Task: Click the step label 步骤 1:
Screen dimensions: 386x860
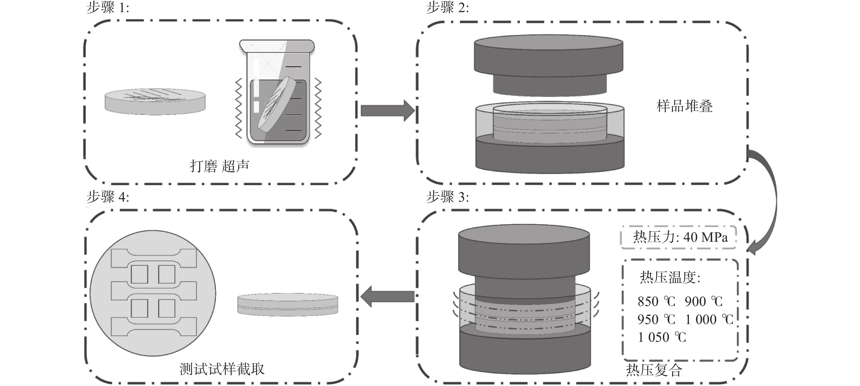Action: pos(107,7)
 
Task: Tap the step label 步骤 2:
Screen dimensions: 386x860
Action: pos(447,7)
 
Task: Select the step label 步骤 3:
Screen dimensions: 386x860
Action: pos(447,197)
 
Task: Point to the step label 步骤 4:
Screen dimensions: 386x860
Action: pos(107,197)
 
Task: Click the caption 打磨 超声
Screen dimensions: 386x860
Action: pos(219,166)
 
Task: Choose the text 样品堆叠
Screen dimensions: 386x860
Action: pos(684,106)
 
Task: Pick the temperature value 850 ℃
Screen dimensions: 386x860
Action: pos(656,301)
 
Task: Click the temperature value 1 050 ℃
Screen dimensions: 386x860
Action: pos(662,337)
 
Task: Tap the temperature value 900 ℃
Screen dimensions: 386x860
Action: pos(703,301)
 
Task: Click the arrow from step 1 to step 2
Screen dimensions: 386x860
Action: pos(387,111)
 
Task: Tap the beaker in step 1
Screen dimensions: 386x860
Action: pos(277,94)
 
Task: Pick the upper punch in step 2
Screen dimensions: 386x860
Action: pos(548,65)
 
